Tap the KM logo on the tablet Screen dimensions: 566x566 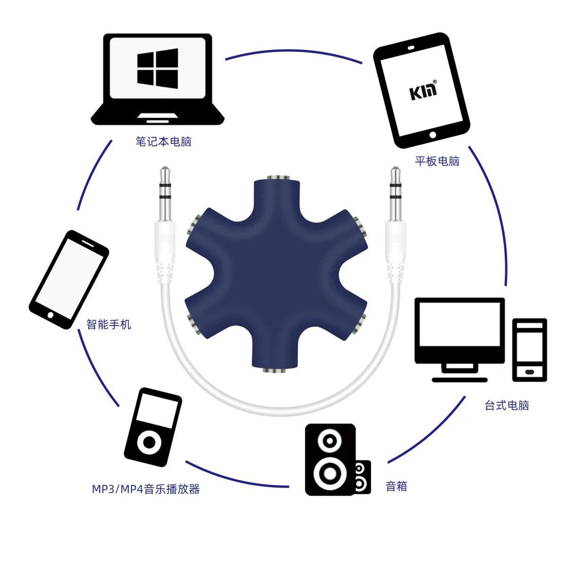[x=423, y=90]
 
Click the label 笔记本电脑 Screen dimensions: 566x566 [x=163, y=141]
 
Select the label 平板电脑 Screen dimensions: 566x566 [x=437, y=161]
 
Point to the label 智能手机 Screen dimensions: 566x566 [x=108, y=324]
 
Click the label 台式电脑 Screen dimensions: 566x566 [x=507, y=405]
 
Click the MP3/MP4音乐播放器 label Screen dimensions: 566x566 [x=146, y=489]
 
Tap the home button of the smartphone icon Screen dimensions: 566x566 [x=50, y=315]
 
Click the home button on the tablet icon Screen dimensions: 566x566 [x=433, y=135]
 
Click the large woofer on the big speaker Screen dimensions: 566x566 [x=330, y=474]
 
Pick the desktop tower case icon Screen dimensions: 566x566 [x=530, y=350]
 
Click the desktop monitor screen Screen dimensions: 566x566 [x=459, y=324]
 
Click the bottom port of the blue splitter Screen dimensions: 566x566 [x=275, y=370]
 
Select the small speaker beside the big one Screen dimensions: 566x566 [x=362, y=477]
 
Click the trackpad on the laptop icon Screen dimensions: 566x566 [x=158, y=117]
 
